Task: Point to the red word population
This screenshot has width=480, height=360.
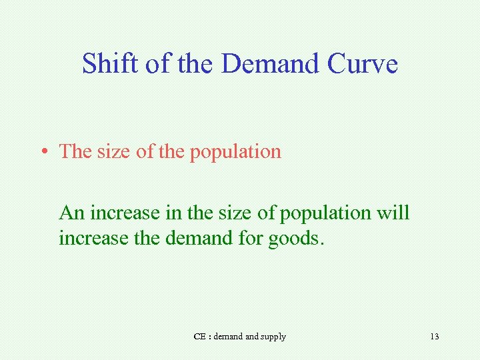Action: pyautogui.click(x=235, y=152)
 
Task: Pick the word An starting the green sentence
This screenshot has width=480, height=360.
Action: pyautogui.click(x=71, y=213)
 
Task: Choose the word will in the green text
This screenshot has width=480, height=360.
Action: pyautogui.click(x=393, y=213)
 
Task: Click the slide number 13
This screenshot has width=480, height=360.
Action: pyautogui.click(x=435, y=337)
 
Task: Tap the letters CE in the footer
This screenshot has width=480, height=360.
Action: pyautogui.click(x=199, y=337)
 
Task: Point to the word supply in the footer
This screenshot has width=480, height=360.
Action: pyautogui.click(x=273, y=337)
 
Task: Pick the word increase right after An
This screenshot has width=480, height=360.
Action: pyautogui.click(x=118, y=213)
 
